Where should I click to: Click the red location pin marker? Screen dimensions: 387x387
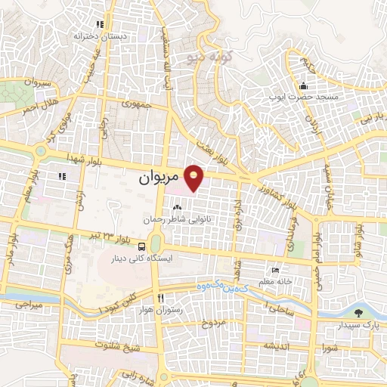tap(194, 178)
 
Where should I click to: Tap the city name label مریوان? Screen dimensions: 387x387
tap(159, 181)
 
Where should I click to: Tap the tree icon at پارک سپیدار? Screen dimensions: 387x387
tap(358, 312)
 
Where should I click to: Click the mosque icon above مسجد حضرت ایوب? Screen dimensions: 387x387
tap(303, 85)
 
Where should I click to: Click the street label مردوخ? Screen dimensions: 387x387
tap(213, 323)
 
